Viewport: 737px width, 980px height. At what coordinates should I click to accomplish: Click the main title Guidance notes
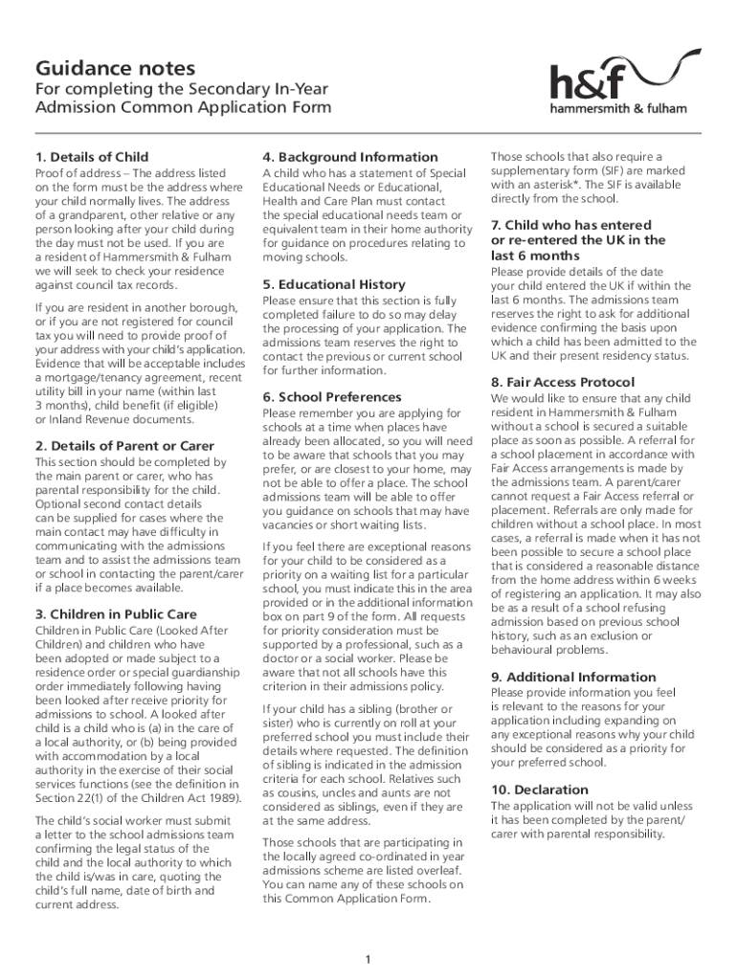click(x=115, y=69)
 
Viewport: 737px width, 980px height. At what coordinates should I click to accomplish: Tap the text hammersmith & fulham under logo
click(x=618, y=108)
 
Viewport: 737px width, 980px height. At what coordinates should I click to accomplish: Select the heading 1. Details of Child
click(x=92, y=157)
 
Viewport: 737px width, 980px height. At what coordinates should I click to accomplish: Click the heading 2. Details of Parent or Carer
click(x=124, y=446)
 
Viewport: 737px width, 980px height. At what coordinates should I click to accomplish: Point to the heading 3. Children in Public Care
click(x=116, y=614)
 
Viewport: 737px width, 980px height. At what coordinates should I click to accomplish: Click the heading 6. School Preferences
click(x=331, y=397)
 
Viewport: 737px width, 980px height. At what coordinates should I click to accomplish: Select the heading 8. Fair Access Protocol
click(x=564, y=383)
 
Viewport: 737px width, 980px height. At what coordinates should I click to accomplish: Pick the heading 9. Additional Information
click(x=573, y=677)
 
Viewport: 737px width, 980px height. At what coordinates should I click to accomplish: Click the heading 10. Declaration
click(x=539, y=790)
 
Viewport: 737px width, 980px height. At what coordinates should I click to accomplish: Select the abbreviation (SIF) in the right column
click(x=600, y=170)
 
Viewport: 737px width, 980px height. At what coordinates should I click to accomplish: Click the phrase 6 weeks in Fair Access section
click(x=676, y=580)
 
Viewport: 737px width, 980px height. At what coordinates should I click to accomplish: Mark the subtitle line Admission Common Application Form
click(x=183, y=107)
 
